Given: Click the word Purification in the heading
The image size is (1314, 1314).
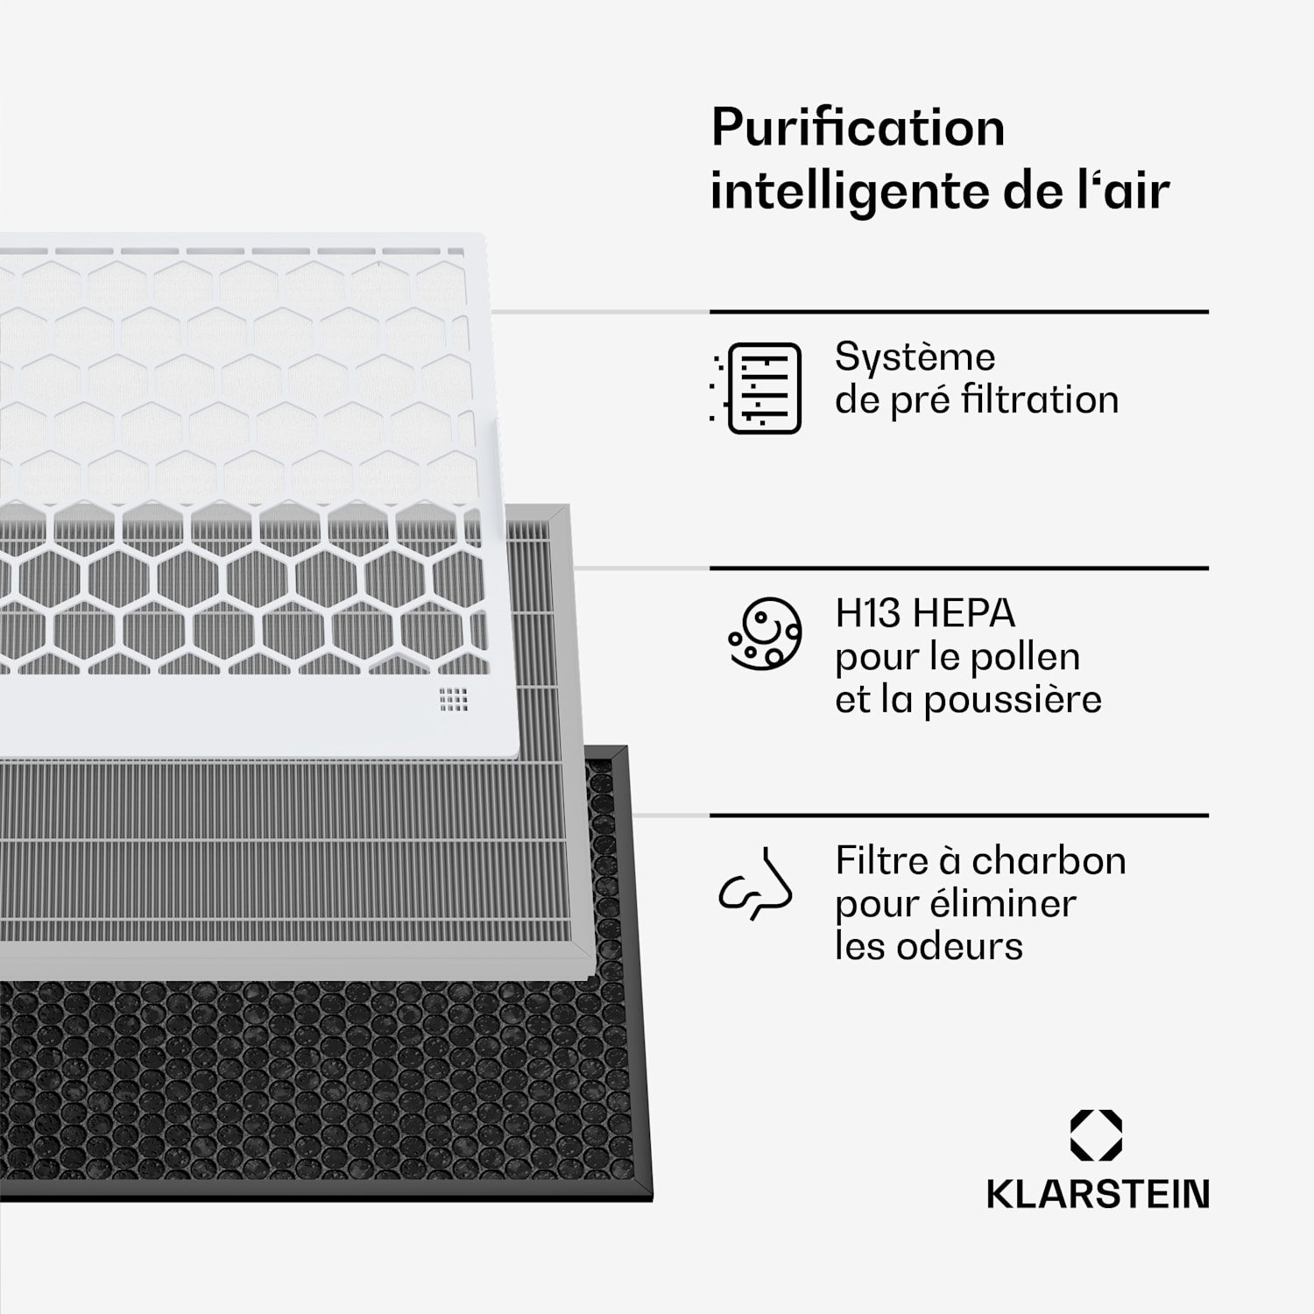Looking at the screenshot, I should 858,128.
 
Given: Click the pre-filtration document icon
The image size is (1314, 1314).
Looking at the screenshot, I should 759,388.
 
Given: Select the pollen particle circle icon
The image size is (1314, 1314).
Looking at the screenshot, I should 764,634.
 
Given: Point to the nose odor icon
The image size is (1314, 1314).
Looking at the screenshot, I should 756,884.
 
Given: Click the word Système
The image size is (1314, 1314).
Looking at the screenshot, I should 915,357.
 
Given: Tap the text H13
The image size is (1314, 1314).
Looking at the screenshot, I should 867,613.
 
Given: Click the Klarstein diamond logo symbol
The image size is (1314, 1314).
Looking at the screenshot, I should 1096,1135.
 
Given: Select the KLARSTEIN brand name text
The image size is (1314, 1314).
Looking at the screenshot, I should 1098,1194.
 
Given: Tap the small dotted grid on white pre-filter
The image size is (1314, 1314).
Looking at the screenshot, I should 454,699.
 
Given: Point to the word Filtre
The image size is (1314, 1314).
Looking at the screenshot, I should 881,861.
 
